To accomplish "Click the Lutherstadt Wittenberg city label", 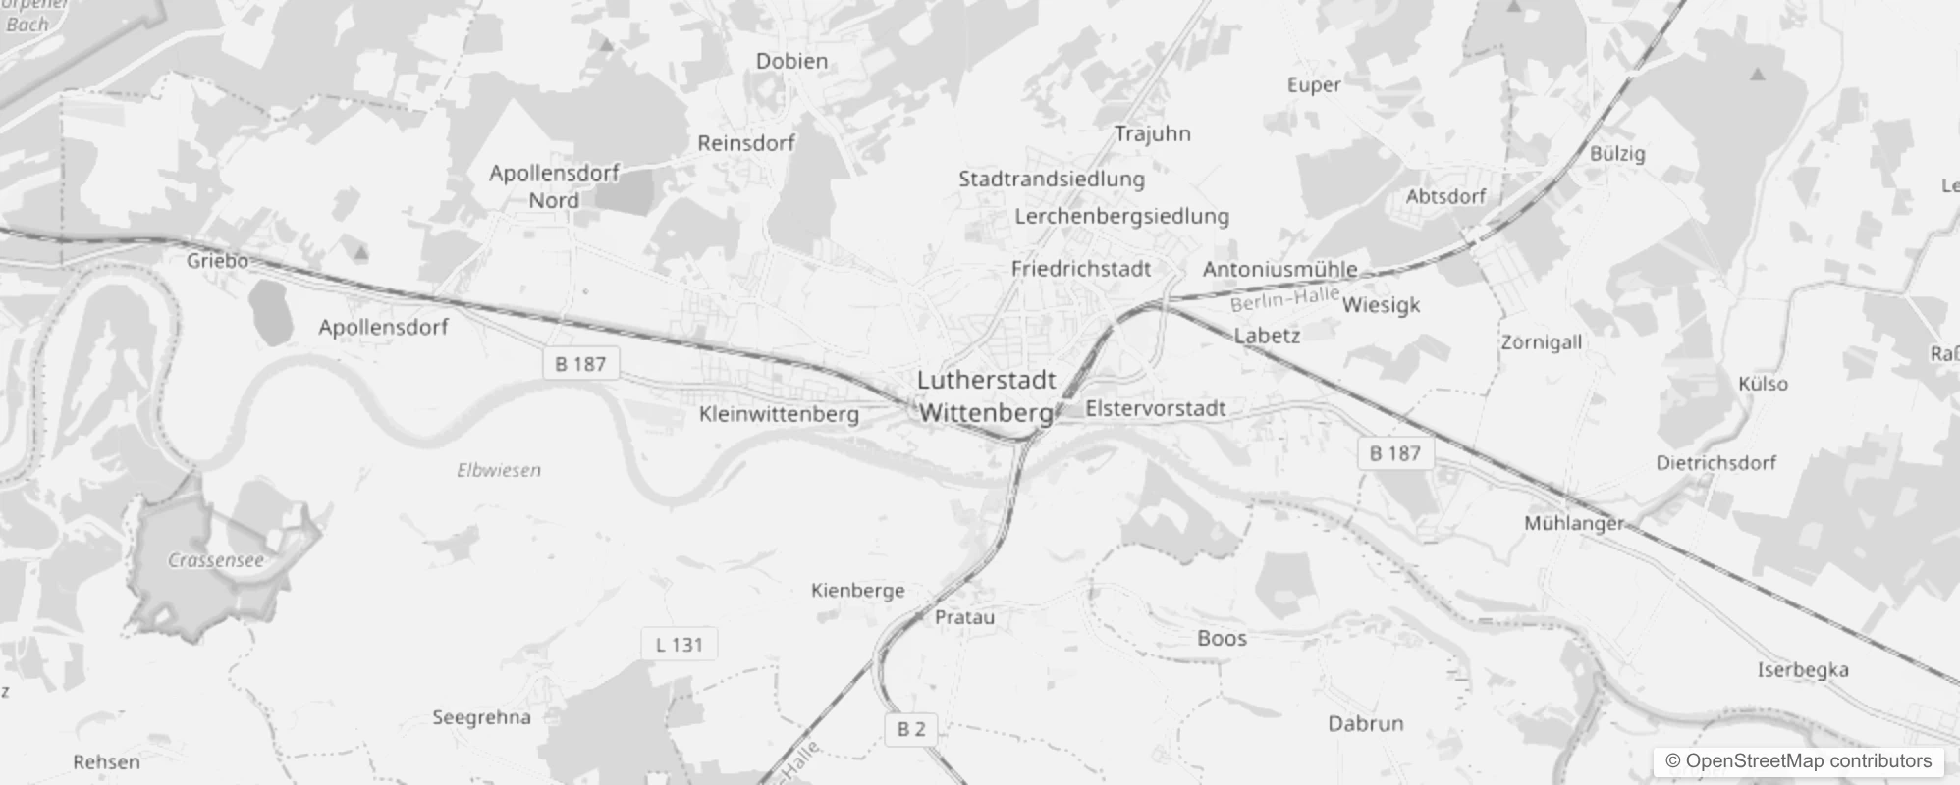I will [x=986, y=396].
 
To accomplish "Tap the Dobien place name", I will [x=791, y=61].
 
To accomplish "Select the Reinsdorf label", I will [x=746, y=143].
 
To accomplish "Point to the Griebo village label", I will [x=217, y=261].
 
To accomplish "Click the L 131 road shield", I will [x=679, y=645].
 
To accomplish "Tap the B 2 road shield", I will [x=910, y=729].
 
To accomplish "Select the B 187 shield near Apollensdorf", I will [x=580, y=364].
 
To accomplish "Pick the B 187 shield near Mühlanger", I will [x=1394, y=453].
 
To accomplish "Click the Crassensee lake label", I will [x=216, y=561].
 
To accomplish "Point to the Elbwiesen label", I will [x=499, y=471].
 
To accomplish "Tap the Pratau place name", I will [x=964, y=618].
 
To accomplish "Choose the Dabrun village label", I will [x=1365, y=724].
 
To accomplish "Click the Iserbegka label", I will [x=1803, y=670].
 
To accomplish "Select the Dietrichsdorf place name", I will [x=1715, y=463].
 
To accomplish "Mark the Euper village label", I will [x=1314, y=85].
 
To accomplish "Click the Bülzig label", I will [x=1617, y=154].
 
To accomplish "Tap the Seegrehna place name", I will [x=481, y=718].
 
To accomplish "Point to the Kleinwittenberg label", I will [x=779, y=415].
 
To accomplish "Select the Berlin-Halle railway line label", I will [x=1284, y=298].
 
